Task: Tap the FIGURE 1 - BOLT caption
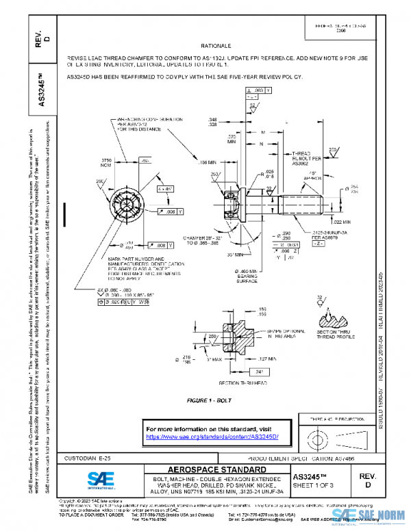click(213, 398)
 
